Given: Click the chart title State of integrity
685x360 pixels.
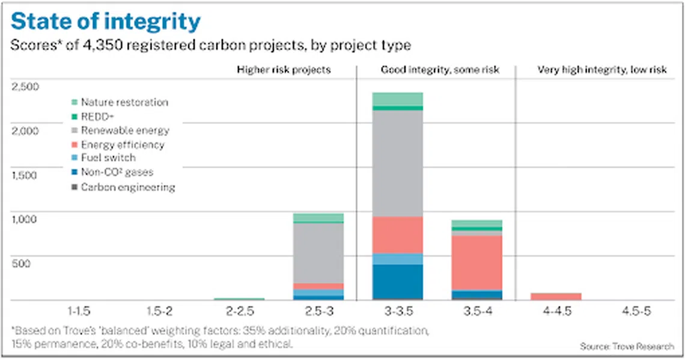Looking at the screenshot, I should pyautogui.click(x=106, y=22).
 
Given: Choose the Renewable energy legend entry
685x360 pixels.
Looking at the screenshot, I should pyautogui.click(x=125, y=130).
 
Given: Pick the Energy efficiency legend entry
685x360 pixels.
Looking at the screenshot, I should pyautogui.click(x=122, y=144).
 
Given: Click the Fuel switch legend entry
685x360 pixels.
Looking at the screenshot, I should pyautogui.click(x=108, y=157).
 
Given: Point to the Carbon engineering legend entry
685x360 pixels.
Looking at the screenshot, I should pyautogui.click(x=127, y=187).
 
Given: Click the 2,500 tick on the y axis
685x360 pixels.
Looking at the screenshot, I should pyautogui.click(x=25, y=87).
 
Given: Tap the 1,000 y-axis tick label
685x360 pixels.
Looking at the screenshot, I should pyautogui.click(x=25, y=219).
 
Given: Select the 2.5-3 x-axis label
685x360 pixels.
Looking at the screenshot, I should pyautogui.click(x=318, y=312).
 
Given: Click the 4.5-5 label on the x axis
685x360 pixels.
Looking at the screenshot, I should pyautogui.click(x=636, y=312).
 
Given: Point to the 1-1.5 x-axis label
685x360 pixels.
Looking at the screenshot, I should pyautogui.click(x=81, y=312).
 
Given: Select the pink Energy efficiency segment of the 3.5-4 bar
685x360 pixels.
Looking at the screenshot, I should pyautogui.click(x=477, y=263).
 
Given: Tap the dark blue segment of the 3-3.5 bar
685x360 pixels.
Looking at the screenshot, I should pyautogui.click(x=397, y=282).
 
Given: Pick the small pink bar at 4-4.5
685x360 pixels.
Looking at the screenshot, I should pyautogui.click(x=556, y=296).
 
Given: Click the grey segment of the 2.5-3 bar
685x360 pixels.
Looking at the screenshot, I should pyautogui.click(x=318, y=252).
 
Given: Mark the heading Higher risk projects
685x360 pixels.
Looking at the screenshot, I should pyautogui.click(x=284, y=70).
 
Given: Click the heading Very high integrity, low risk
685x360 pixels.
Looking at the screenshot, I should pyautogui.click(x=601, y=70).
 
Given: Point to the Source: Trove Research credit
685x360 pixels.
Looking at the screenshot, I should pyautogui.click(x=627, y=346).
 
